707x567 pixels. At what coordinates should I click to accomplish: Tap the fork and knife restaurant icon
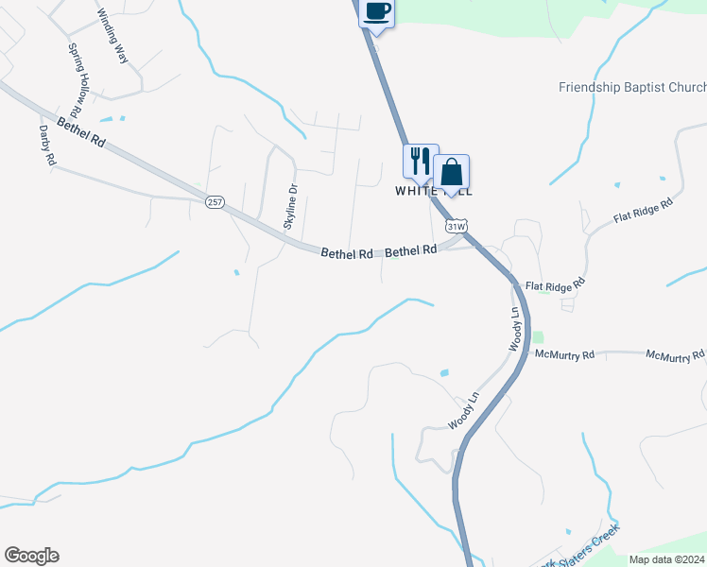421,161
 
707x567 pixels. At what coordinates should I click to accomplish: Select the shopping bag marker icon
452,172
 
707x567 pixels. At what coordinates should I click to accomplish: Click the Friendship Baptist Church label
631,87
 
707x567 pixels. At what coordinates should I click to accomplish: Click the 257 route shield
215,203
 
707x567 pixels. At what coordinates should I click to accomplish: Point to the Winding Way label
112,36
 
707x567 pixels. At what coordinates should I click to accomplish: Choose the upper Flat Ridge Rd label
642,212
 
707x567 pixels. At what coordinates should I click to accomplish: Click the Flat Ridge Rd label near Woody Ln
555,283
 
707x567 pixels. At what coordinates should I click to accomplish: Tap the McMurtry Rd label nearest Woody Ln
563,355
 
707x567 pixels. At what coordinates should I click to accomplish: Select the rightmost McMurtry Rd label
675,355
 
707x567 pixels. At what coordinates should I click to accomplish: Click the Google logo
31,556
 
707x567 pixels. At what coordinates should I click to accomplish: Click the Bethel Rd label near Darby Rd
80,132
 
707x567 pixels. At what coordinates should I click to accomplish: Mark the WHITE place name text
413,190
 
